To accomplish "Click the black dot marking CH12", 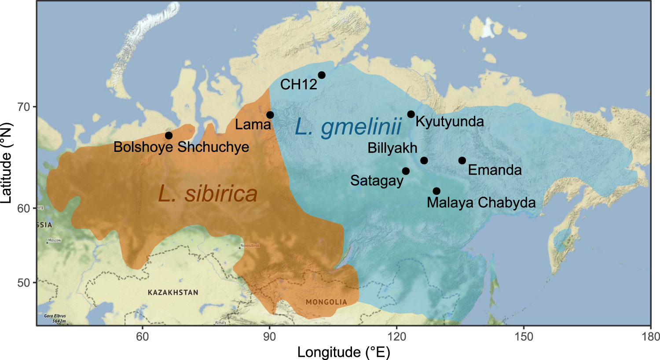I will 322,75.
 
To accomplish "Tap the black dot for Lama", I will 270,115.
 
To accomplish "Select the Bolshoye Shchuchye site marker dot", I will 169,136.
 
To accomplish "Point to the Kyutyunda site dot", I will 411,114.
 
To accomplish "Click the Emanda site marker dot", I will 462,161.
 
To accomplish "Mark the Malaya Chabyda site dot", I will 436,191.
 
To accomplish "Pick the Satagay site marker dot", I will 406,171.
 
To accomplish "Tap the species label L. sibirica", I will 208,194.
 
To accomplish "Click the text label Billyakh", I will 392,148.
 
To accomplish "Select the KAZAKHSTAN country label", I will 173,293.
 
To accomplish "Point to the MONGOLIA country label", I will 326,302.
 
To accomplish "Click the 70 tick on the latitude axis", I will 24,107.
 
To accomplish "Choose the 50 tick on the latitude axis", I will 24,283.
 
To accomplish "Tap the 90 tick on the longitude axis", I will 269,337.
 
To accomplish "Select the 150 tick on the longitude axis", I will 524,337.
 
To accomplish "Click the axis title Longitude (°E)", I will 344,352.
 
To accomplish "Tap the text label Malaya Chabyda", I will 481,202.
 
